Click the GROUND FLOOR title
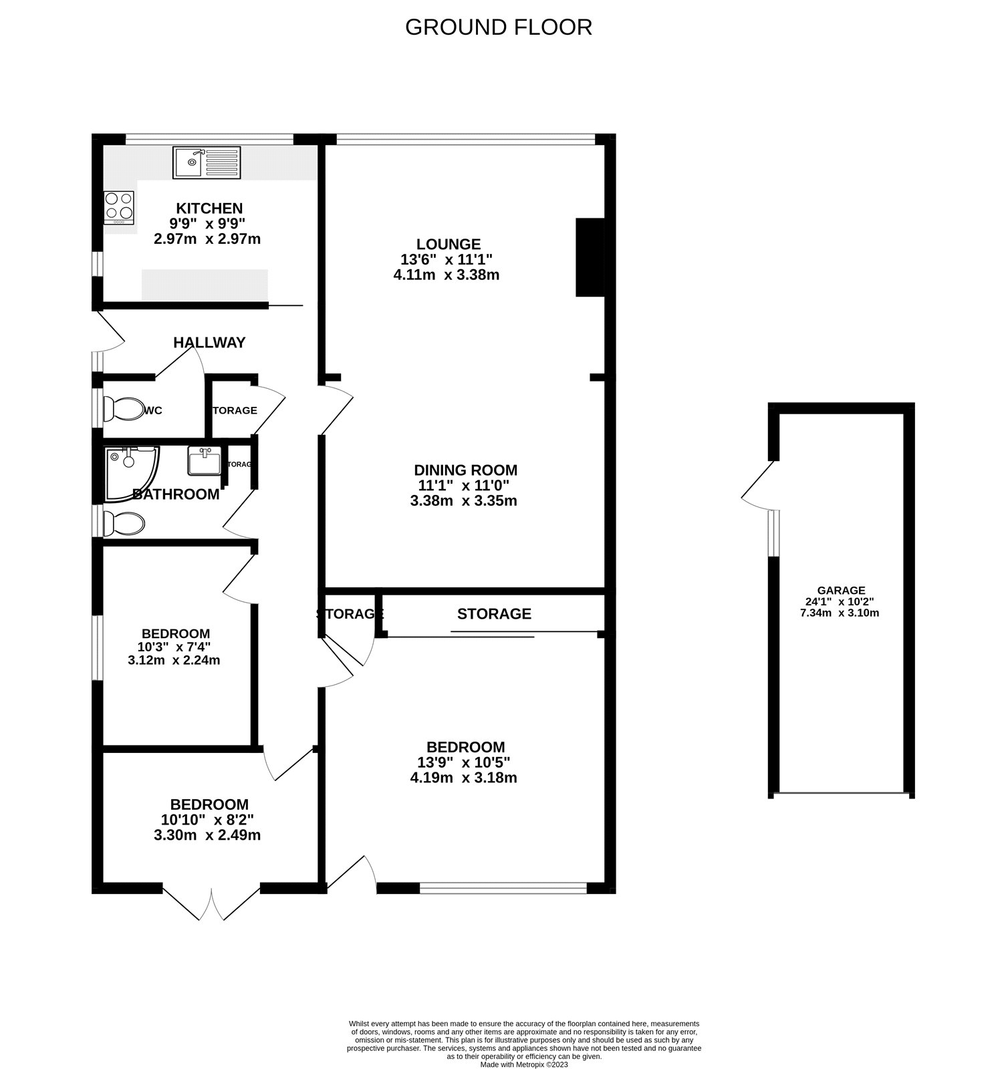pyautogui.click(x=498, y=27)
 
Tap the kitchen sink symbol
pyautogui.click(x=206, y=163)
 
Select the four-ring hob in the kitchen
pyautogui.click(x=119, y=207)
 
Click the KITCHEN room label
pyautogui.click(x=209, y=208)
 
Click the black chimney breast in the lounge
pyautogui.click(x=590, y=257)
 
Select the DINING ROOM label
pyautogui.click(x=465, y=470)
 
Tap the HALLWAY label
pyautogui.click(x=209, y=343)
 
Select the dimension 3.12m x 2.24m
pyautogui.click(x=174, y=661)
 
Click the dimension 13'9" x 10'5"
pyautogui.click(x=464, y=762)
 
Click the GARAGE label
pyautogui.click(x=841, y=591)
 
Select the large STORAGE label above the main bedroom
pyautogui.click(x=494, y=614)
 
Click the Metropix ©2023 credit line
pyautogui.click(x=524, y=1065)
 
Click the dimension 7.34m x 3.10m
pyautogui.click(x=840, y=613)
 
